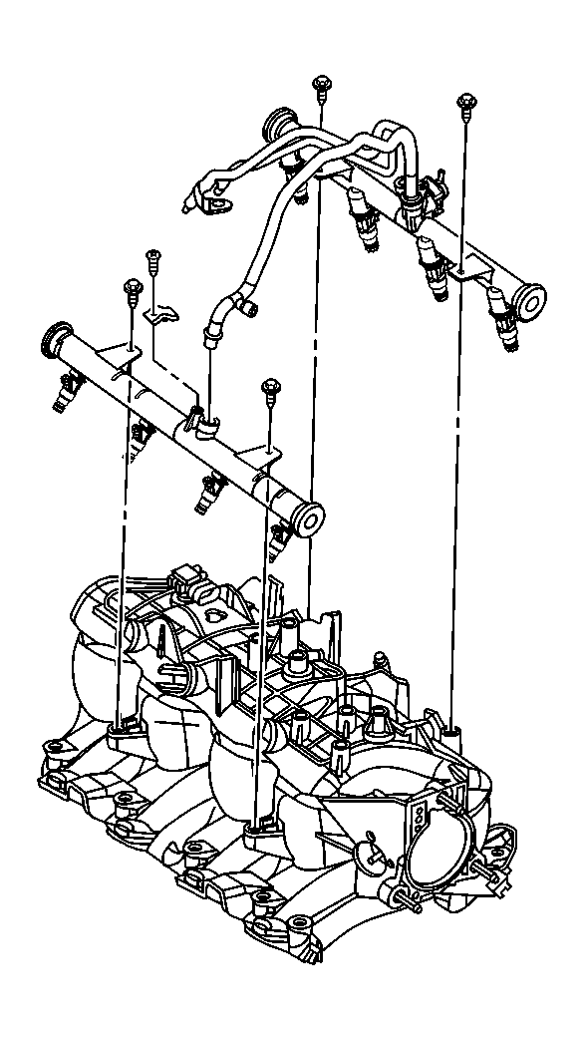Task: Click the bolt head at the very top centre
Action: (321, 84)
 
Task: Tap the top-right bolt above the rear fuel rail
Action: (464, 103)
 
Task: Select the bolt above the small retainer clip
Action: (153, 258)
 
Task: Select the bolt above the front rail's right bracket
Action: (268, 388)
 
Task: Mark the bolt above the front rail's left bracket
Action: (132, 289)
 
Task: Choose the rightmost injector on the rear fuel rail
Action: (504, 322)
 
